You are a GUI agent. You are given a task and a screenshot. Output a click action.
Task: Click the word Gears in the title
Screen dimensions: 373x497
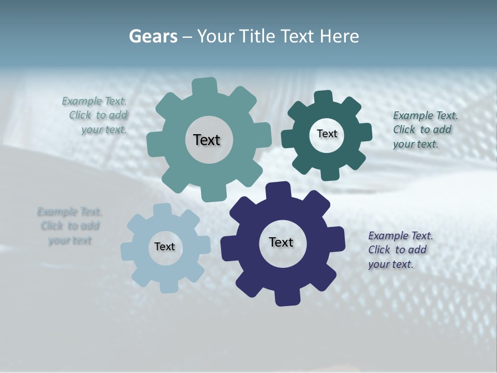point(153,37)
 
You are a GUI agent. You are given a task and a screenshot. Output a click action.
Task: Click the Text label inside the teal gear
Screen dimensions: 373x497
point(207,140)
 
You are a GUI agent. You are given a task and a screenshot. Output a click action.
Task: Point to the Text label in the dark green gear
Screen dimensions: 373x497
point(327,134)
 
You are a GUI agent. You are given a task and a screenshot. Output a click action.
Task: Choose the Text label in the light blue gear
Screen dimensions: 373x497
point(165,247)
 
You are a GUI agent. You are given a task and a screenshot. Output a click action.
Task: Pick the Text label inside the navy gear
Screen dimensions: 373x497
point(281,242)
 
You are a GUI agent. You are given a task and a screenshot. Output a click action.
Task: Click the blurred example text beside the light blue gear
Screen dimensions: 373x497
point(69,226)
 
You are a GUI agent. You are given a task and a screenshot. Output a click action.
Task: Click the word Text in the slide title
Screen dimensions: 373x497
point(298,37)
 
